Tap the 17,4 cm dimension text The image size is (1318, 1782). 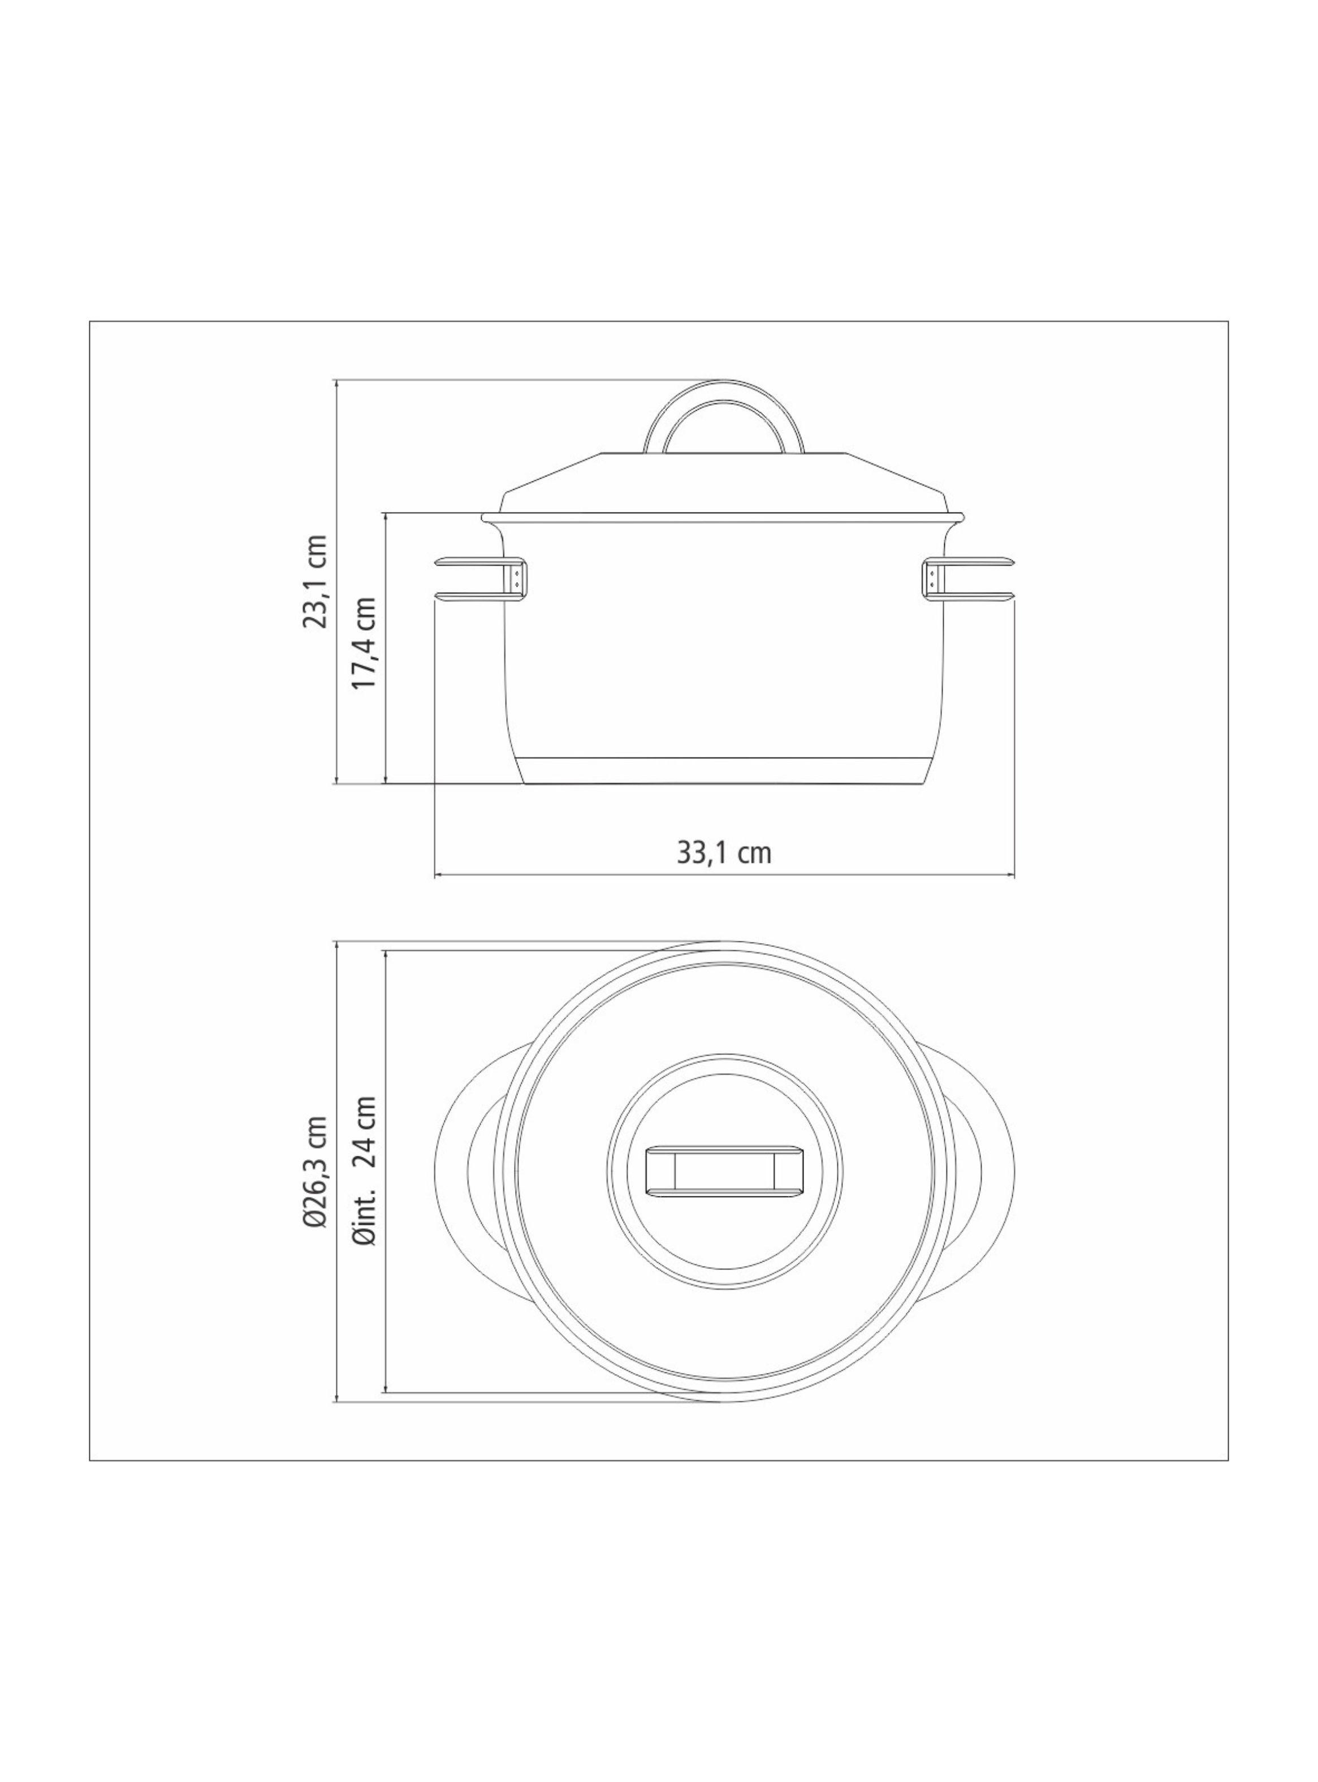pos(365,643)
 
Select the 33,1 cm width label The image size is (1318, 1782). pos(724,853)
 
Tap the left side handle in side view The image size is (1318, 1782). pos(470,579)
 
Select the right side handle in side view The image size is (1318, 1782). pos(977,579)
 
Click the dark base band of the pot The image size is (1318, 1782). pos(724,770)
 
